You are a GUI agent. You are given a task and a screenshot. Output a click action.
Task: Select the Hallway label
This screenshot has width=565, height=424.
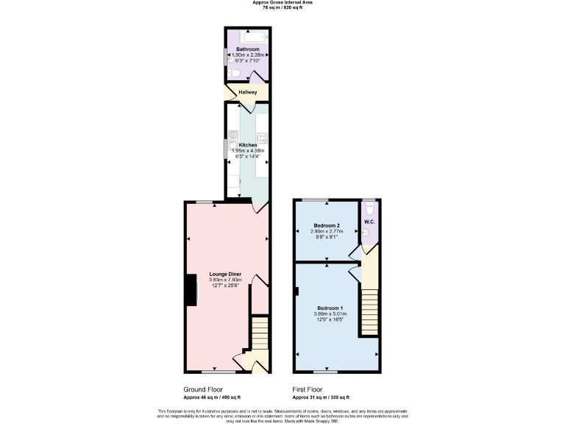click(247, 92)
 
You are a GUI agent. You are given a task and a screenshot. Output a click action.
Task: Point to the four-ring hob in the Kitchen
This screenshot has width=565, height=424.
click(261, 138)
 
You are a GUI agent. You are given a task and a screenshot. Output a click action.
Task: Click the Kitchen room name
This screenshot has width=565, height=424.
click(247, 146)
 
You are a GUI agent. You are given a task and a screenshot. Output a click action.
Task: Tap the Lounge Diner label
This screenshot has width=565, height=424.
click(225, 274)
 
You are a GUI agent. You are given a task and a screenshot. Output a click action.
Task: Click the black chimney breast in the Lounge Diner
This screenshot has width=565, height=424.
click(191, 289)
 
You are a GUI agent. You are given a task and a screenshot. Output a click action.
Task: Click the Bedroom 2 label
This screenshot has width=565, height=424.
click(327, 225)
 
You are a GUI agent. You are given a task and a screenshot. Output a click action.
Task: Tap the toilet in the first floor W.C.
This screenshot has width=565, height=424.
click(370, 207)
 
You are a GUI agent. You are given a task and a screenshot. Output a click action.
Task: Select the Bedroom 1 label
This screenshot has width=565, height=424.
click(330, 308)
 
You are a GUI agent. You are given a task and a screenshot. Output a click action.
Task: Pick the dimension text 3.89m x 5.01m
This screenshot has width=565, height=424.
click(330, 314)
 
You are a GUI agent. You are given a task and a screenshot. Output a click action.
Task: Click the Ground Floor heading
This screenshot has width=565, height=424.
click(202, 389)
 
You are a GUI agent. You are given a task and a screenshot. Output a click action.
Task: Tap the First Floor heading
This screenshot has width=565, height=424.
click(308, 389)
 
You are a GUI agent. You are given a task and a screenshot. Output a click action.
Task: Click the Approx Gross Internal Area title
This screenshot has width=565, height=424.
click(282, 3)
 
